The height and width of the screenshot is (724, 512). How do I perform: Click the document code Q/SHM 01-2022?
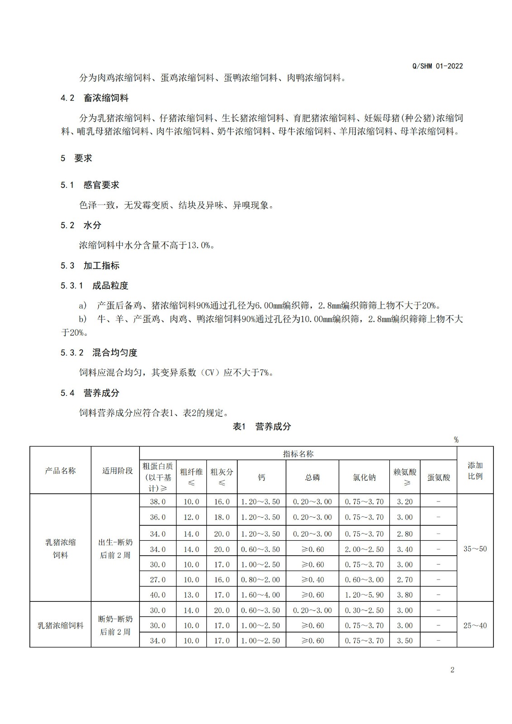[437, 66]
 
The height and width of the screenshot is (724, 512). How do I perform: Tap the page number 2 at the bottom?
[452, 670]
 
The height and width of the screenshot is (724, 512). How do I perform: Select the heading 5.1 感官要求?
[90, 185]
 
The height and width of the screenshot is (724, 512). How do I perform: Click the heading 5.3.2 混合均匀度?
[99, 352]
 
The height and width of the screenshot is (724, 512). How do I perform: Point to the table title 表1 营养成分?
[262, 426]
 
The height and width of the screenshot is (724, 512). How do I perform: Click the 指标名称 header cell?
[298, 454]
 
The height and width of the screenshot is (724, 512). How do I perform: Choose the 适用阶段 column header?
[117, 471]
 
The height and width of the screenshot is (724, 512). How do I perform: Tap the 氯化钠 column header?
[364, 477]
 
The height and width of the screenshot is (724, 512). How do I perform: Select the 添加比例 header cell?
[475, 471]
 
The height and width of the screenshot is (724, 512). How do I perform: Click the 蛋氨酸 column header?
[438, 477]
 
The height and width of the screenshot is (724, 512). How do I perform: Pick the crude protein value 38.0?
[158, 501]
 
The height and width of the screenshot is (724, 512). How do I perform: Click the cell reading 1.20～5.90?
[364, 595]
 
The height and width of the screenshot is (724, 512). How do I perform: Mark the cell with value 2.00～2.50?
[364, 549]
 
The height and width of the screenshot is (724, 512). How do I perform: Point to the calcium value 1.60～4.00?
[261, 595]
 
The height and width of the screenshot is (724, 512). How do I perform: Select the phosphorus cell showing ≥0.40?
[312, 580]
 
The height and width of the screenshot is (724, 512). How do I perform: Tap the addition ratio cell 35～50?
[475, 549]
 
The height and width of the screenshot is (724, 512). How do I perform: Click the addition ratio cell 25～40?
[475, 625]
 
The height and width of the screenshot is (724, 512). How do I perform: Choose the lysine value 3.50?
[405, 641]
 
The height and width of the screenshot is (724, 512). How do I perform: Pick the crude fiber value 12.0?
[191, 517]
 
